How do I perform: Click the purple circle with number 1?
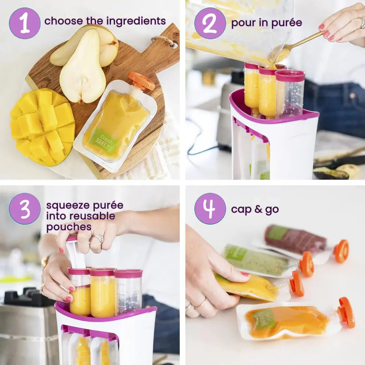tap(25, 23)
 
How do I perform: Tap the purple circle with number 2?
tap(210, 23)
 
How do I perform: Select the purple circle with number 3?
tap(25, 209)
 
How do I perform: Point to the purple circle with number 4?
tap(210, 209)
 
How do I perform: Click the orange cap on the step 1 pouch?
tap(141, 81)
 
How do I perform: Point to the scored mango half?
tap(43, 126)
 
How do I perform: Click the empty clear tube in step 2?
tap(290, 93)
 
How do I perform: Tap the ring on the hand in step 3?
tap(98, 239)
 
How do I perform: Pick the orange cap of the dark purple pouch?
tap(341, 251)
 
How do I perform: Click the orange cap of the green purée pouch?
tap(307, 264)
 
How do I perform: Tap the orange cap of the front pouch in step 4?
tap(346, 313)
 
